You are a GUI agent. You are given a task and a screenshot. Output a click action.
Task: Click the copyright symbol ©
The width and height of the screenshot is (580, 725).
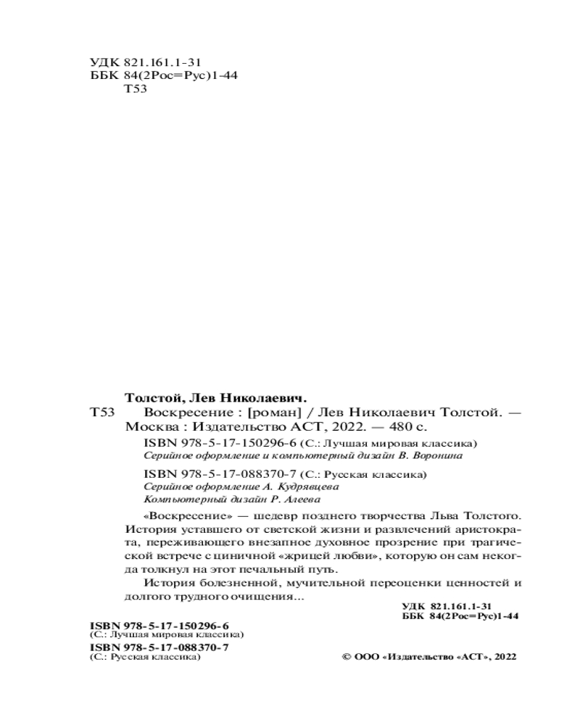point(345,657)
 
